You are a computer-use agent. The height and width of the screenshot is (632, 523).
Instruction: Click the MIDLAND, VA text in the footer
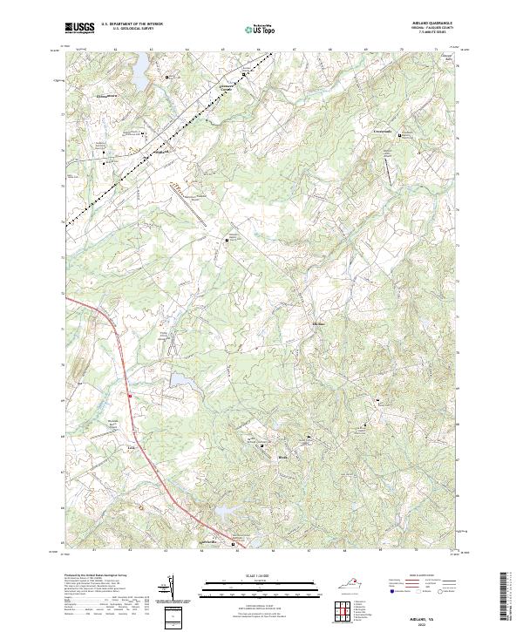pyautogui.click(x=436, y=601)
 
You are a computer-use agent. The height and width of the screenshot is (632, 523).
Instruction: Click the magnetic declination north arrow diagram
pyautogui.click(x=171, y=589)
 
